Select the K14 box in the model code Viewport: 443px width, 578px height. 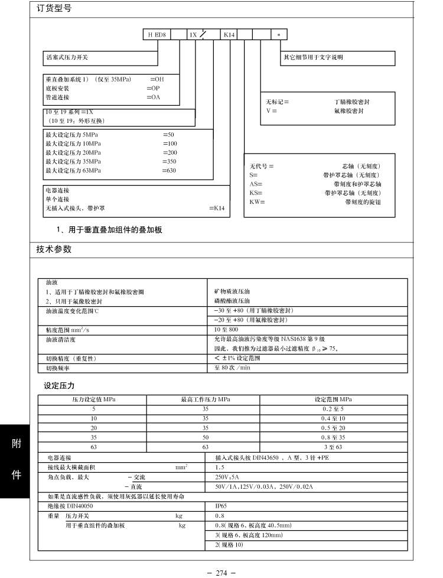click(229, 35)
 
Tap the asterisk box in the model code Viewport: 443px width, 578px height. click(279, 35)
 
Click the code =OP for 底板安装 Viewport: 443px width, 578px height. click(152, 87)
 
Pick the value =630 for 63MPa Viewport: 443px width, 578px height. click(170, 171)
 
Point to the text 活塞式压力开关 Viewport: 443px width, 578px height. click(67, 57)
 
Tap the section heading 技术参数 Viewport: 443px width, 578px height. click(54, 249)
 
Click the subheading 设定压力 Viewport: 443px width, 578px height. click(59, 386)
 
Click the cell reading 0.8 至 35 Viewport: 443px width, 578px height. click(333, 437)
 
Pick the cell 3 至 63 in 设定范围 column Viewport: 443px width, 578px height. click(333, 447)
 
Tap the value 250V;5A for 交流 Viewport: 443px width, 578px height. click(227, 476)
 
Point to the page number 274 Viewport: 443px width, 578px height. click(221, 572)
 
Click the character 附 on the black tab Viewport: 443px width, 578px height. click(17, 444)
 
